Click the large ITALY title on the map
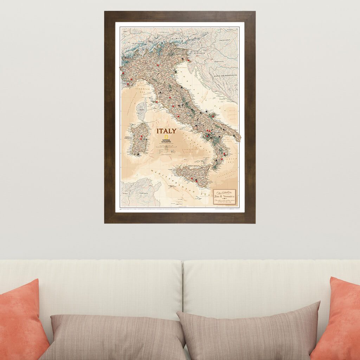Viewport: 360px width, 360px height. coord(167,131)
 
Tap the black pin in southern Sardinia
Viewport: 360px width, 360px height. coord(139,154)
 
